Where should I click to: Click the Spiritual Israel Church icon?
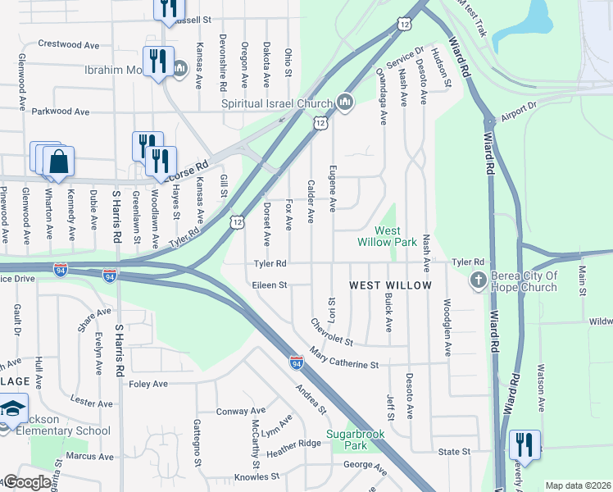[344, 102]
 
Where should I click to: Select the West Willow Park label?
[388, 236]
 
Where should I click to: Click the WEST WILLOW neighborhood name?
[390, 285]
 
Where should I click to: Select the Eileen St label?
[270, 285]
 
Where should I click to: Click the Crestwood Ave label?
[68, 43]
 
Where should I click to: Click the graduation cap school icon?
[12, 408]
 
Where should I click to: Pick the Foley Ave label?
[148, 383]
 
